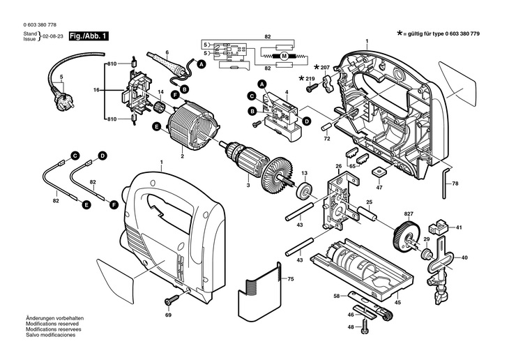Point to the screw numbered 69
(x=169, y=301)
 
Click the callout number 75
(x=291, y=279)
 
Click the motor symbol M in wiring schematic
(x=284, y=55)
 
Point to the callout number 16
(x=97, y=91)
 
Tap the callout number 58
(x=336, y=297)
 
